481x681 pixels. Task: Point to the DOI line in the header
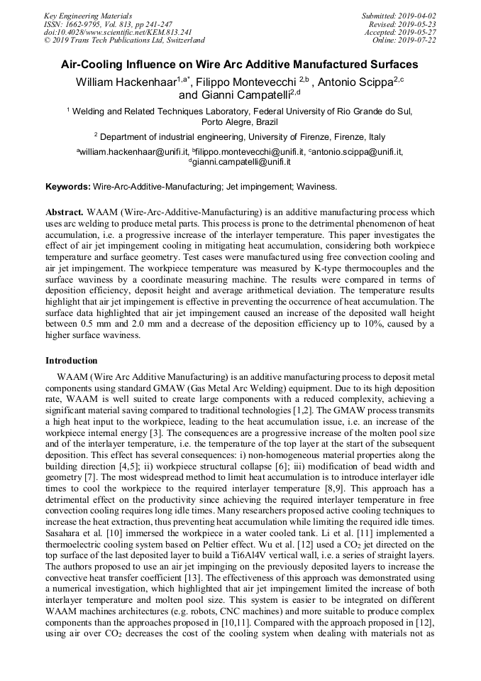(118, 32)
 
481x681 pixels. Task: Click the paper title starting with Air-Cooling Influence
(240, 64)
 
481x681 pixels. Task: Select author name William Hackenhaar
(126, 82)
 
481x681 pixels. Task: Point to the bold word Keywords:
(68, 187)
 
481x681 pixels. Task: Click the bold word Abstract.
(65, 212)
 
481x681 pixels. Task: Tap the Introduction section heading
(72, 361)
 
